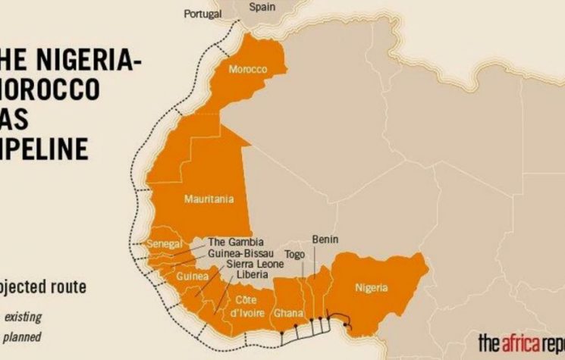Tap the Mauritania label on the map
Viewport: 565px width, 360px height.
209,200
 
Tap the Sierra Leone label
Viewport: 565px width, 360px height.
254,264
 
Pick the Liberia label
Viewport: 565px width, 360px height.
252,274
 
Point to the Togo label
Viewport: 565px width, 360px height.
294,254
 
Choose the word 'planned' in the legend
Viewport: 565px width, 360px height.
23,336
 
